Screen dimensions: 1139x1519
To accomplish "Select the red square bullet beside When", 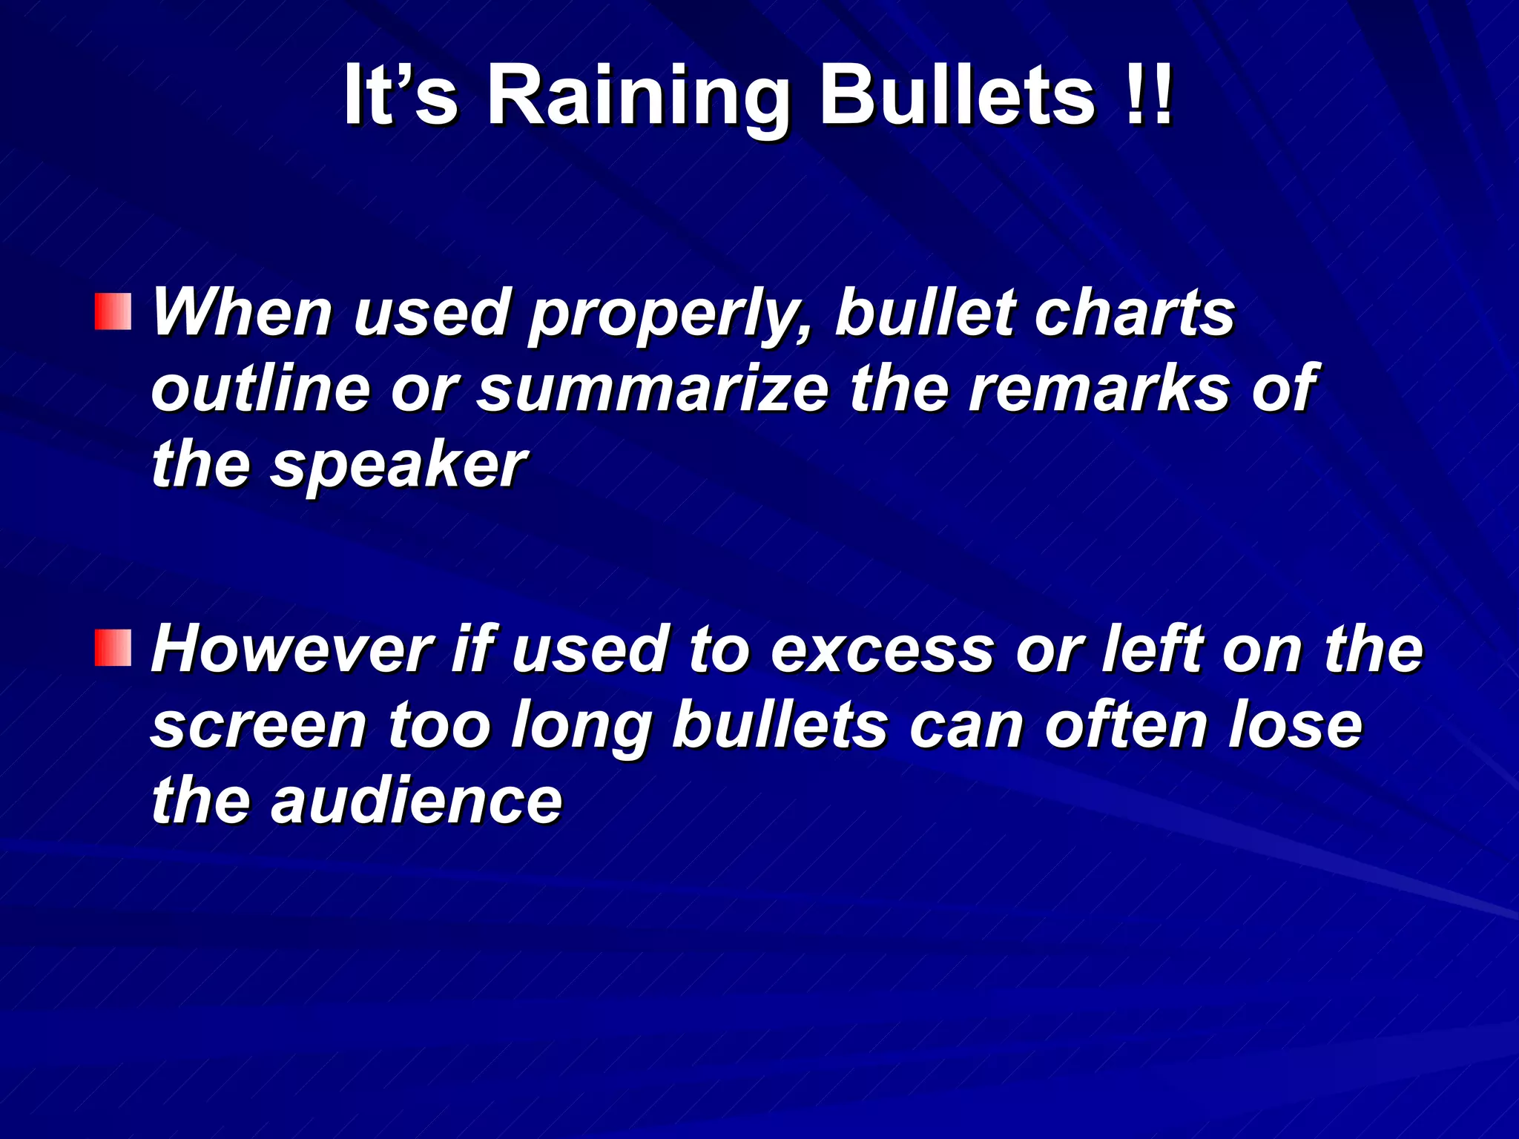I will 113,311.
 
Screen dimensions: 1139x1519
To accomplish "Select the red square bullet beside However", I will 113,647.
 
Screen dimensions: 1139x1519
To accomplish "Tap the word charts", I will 1135,313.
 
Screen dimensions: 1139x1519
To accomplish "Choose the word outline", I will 260,389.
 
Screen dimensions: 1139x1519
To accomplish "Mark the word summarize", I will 653,389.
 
